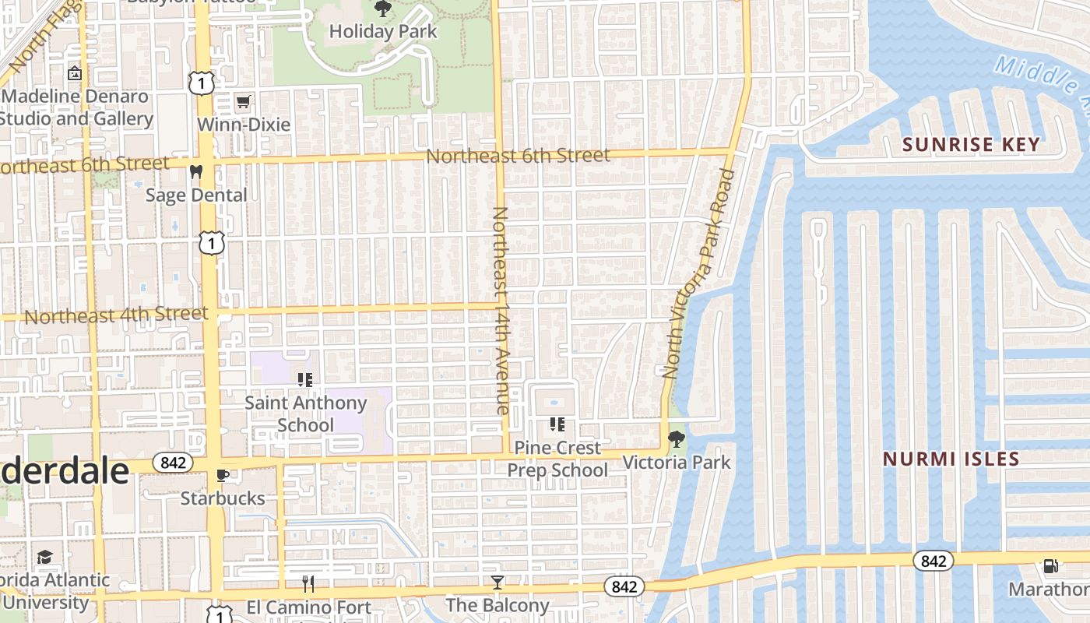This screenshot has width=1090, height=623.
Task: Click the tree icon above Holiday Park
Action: click(382, 9)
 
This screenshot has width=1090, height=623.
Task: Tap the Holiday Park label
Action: click(383, 32)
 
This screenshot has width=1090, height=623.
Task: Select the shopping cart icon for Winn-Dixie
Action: click(244, 101)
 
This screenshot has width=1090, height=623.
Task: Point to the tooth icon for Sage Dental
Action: click(195, 171)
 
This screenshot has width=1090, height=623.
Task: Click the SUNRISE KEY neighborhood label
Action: click(971, 144)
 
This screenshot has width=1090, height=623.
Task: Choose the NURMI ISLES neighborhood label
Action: click(951, 459)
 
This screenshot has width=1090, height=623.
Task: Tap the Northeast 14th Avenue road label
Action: click(501, 310)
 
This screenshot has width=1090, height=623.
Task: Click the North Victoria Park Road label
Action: click(699, 273)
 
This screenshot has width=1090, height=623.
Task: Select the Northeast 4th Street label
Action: click(117, 315)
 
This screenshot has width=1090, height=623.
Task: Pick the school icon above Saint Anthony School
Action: click(305, 380)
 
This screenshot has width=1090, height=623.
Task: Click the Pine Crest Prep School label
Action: click(557, 459)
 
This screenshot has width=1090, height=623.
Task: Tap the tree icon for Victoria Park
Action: click(677, 439)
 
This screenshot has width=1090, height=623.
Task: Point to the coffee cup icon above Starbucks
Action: click(223, 475)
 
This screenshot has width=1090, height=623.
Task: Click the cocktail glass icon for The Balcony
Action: click(497, 582)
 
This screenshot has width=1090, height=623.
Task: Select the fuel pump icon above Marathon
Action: click(1050, 566)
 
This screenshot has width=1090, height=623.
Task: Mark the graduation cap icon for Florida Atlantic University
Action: click(45, 558)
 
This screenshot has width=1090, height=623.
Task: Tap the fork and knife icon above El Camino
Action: click(308, 583)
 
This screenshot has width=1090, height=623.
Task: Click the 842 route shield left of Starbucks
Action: click(172, 463)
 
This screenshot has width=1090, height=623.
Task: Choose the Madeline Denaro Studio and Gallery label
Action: click(76, 108)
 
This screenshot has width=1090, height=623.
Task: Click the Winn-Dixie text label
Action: click(244, 125)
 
